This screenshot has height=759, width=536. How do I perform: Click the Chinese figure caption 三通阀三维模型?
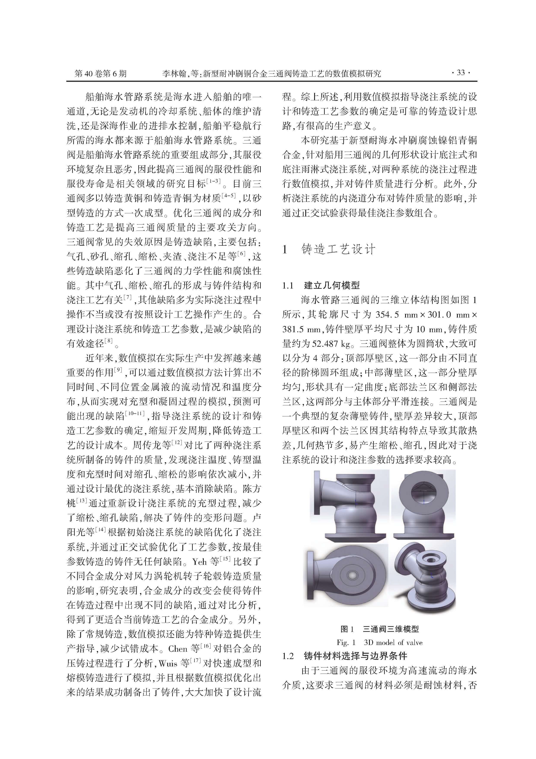coord(391,629)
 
